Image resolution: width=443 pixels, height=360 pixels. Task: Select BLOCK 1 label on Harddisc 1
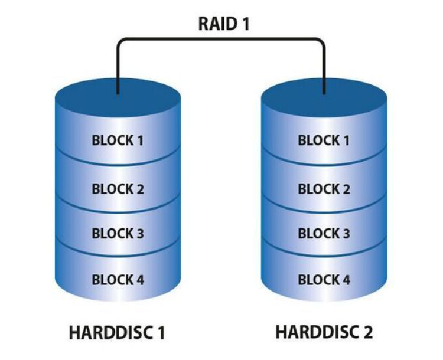click(118, 140)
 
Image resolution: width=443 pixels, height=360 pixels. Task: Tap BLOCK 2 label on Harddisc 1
click(118, 189)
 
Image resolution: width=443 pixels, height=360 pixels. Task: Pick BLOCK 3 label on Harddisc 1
click(118, 234)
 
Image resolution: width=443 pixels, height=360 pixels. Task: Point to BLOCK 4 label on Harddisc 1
click(118, 279)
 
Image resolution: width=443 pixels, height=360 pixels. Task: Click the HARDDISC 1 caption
click(116, 333)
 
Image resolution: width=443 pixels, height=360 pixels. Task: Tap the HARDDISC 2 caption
click(324, 332)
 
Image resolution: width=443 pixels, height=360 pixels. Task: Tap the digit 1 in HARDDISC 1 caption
click(159, 333)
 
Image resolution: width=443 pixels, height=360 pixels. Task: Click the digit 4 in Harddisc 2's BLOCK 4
click(346, 279)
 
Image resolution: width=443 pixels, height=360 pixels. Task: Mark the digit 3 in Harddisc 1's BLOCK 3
click(139, 234)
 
